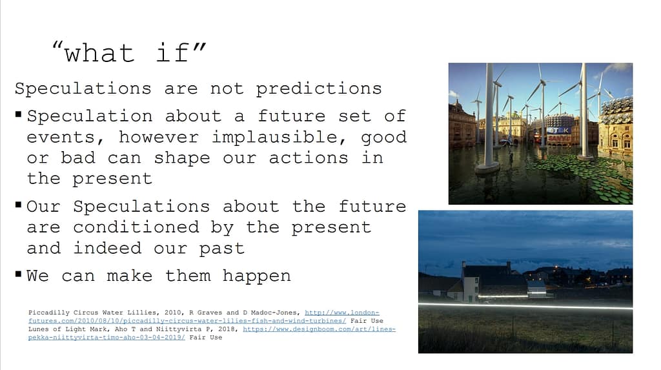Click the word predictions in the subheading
click(319, 88)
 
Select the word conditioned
click(136, 227)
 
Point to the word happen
click(256, 276)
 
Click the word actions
click(308, 158)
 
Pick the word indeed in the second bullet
click(108, 248)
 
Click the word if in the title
click(172, 53)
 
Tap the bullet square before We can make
click(18, 274)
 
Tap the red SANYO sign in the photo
click(558, 138)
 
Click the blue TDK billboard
click(560, 130)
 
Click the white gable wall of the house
click(470, 283)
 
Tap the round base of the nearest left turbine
click(488, 169)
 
